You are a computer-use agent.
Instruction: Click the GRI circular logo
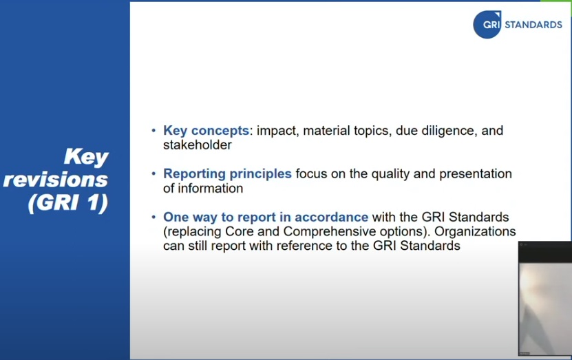pos(487,25)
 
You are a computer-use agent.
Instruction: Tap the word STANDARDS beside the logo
pos(533,25)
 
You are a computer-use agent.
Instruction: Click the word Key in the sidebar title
pos(86,158)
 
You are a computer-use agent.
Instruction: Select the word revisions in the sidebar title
pos(56,180)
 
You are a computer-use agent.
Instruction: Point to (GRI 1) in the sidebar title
pos(68,202)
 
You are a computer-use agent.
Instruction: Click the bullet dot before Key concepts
pos(153,130)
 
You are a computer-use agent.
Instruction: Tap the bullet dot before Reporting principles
pos(153,173)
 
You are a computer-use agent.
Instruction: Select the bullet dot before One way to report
pos(153,217)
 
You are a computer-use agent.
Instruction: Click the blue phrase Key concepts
pos(206,131)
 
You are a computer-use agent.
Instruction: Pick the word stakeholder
pos(198,145)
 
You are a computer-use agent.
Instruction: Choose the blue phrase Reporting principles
pos(227,174)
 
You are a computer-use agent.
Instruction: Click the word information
pos(210,188)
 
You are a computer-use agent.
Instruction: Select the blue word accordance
pos(331,217)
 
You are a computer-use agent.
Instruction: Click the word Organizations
pos(475,231)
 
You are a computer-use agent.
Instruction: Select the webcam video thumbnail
pos(545,298)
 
